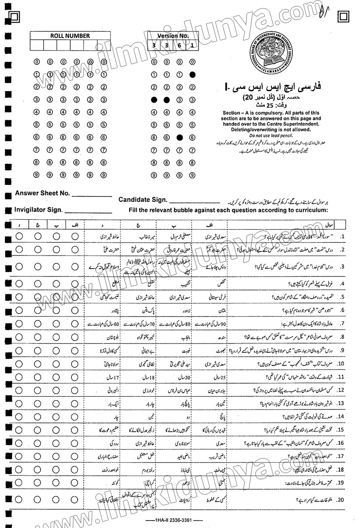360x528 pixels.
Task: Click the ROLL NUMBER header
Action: point(70,36)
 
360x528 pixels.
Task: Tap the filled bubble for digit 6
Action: point(179,137)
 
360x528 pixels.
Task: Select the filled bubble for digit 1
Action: point(192,75)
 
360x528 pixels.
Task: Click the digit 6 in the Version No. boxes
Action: point(179,45)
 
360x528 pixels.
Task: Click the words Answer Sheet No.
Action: point(42,193)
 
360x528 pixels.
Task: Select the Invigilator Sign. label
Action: point(39,210)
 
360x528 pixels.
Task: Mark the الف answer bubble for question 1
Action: point(75,236)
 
